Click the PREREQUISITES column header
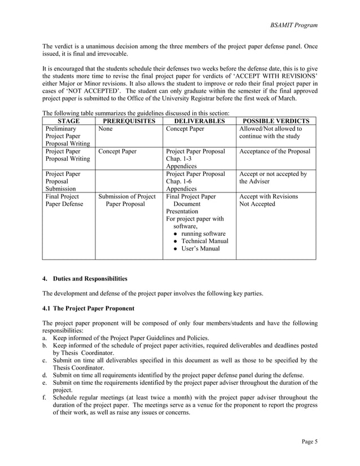click(128, 121)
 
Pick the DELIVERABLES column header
click(199, 121)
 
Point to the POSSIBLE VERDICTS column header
click(275, 121)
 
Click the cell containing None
click(106, 129)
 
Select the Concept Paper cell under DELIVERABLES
click(185, 129)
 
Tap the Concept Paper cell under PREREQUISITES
click(117, 151)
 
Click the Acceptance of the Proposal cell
click(275, 151)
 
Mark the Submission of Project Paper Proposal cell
click(128, 200)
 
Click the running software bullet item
click(203, 234)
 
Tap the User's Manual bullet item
click(200, 249)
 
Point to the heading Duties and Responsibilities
click(90, 278)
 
